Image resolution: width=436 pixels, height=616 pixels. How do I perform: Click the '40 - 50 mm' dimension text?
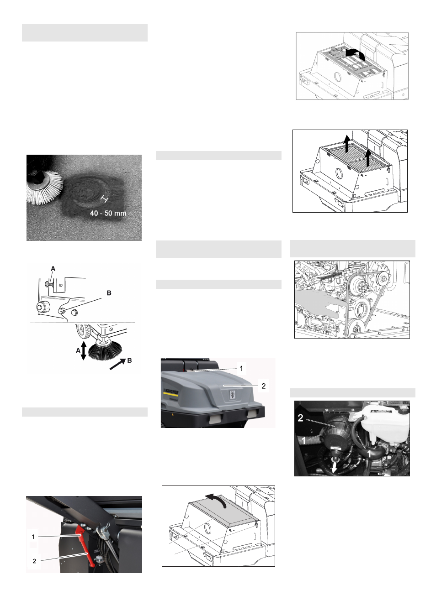pyautogui.click(x=108, y=213)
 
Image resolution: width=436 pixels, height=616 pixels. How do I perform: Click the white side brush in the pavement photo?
pyautogui.click(x=43, y=187)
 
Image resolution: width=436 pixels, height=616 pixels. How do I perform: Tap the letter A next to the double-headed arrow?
pyautogui.click(x=78, y=350)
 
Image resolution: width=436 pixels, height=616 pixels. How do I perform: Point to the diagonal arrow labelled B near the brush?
pyautogui.click(x=117, y=364)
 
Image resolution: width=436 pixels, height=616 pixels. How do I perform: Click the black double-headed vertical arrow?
pyautogui.click(x=83, y=350)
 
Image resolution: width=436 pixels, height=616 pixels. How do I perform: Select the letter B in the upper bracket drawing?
pyautogui.click(x=109, y=293)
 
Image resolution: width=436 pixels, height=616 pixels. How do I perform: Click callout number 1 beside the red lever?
pyautogui.click(x=33, y=537)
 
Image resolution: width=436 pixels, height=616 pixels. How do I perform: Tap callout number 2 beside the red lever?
pyautogui.click(x=34, y=561)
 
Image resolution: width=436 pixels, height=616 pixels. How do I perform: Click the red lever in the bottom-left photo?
pyautogui.click(x=86, y=545)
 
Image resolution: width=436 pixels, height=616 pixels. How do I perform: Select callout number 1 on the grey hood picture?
pyautogui.click(x=241, y=368)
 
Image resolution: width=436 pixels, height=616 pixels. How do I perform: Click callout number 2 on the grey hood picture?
pyautogui.click(x=263, y=386)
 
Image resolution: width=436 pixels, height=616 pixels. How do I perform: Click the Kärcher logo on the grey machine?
pyautogui.click(x=171, y=392)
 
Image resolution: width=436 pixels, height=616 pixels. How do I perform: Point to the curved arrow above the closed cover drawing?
pyautogui.click(x=216, y=499)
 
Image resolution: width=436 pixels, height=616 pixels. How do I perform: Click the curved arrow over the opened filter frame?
pyautogui.click(x=355, y=54)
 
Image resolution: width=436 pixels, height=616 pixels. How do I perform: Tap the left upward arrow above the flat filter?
pyautogui.click(x=347, y=143)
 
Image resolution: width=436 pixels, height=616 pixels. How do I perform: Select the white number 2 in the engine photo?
pyautogui.click(x=300, y=418)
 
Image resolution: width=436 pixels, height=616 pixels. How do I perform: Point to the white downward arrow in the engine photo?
pyautogui.click(x=334, y=468)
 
